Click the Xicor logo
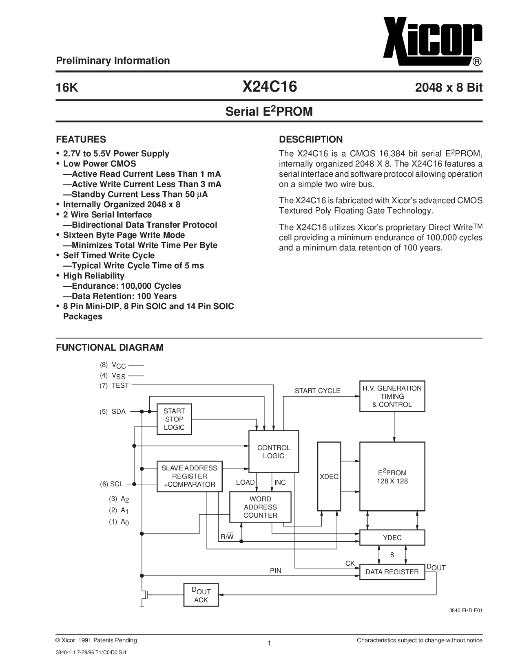point(433,42)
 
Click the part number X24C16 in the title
point(270,87)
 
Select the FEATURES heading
point(81,139)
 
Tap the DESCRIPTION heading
point(311,139)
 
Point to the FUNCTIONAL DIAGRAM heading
point(110,347)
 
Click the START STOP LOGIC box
point(174,419)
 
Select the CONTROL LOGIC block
point(274,452)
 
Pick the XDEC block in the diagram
point(329,476)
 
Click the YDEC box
point(392,538)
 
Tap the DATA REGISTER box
point(392,572)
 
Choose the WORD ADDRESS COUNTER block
point(260,507)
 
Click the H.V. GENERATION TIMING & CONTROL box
point(392,396)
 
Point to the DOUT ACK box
point(201,595)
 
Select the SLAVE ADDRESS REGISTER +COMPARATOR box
point(189,476)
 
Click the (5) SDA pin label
point(113,412)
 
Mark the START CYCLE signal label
point(317,391)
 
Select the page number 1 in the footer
point(270,643)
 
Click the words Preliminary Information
point(113,61)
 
